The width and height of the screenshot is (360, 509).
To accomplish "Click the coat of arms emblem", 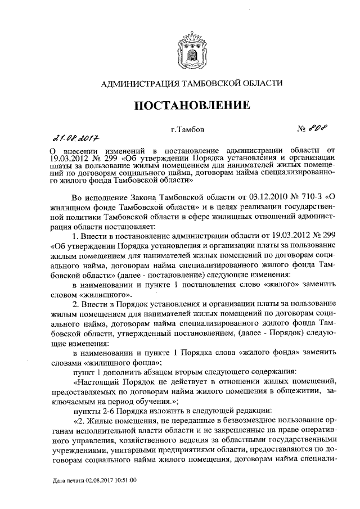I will pos(190,48).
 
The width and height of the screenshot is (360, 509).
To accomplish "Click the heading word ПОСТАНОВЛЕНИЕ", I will pos(191,106).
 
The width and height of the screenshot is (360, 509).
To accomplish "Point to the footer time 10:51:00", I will pos(133,482).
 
